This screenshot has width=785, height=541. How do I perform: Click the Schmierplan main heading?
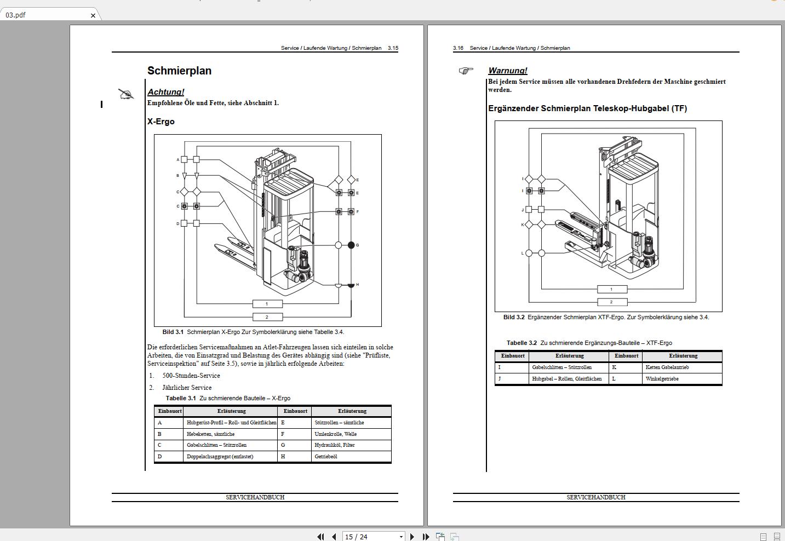(179, 71)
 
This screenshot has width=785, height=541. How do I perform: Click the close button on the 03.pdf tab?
(93, 15)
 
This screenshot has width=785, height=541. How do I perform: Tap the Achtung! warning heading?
(165, 92)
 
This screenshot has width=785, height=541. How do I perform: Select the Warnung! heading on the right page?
(507, 71)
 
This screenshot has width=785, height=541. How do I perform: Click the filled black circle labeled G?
(351, 245)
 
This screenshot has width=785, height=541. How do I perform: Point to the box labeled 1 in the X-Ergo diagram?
(267, 304)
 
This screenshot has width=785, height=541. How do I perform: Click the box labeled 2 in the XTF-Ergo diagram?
(611, 302)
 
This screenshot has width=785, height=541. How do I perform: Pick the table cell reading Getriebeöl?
(325, 457)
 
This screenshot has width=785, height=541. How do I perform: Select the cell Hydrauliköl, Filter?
(334, 445)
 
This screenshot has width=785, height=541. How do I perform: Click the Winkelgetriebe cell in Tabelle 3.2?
(662, 379)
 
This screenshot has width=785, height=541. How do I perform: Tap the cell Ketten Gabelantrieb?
(667, 367)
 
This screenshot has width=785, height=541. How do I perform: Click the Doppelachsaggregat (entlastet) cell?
(220, 457)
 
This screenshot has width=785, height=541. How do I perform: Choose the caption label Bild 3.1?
(173, 332)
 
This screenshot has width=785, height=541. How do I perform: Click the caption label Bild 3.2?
(514, 317)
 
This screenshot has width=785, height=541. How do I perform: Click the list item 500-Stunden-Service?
(191, 376)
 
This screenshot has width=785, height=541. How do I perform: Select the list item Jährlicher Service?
(186, 388)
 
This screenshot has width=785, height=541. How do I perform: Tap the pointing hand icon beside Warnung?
(466, 71)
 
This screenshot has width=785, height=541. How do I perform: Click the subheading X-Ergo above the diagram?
(161, 122)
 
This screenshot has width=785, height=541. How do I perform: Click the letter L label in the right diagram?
(523, 253)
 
